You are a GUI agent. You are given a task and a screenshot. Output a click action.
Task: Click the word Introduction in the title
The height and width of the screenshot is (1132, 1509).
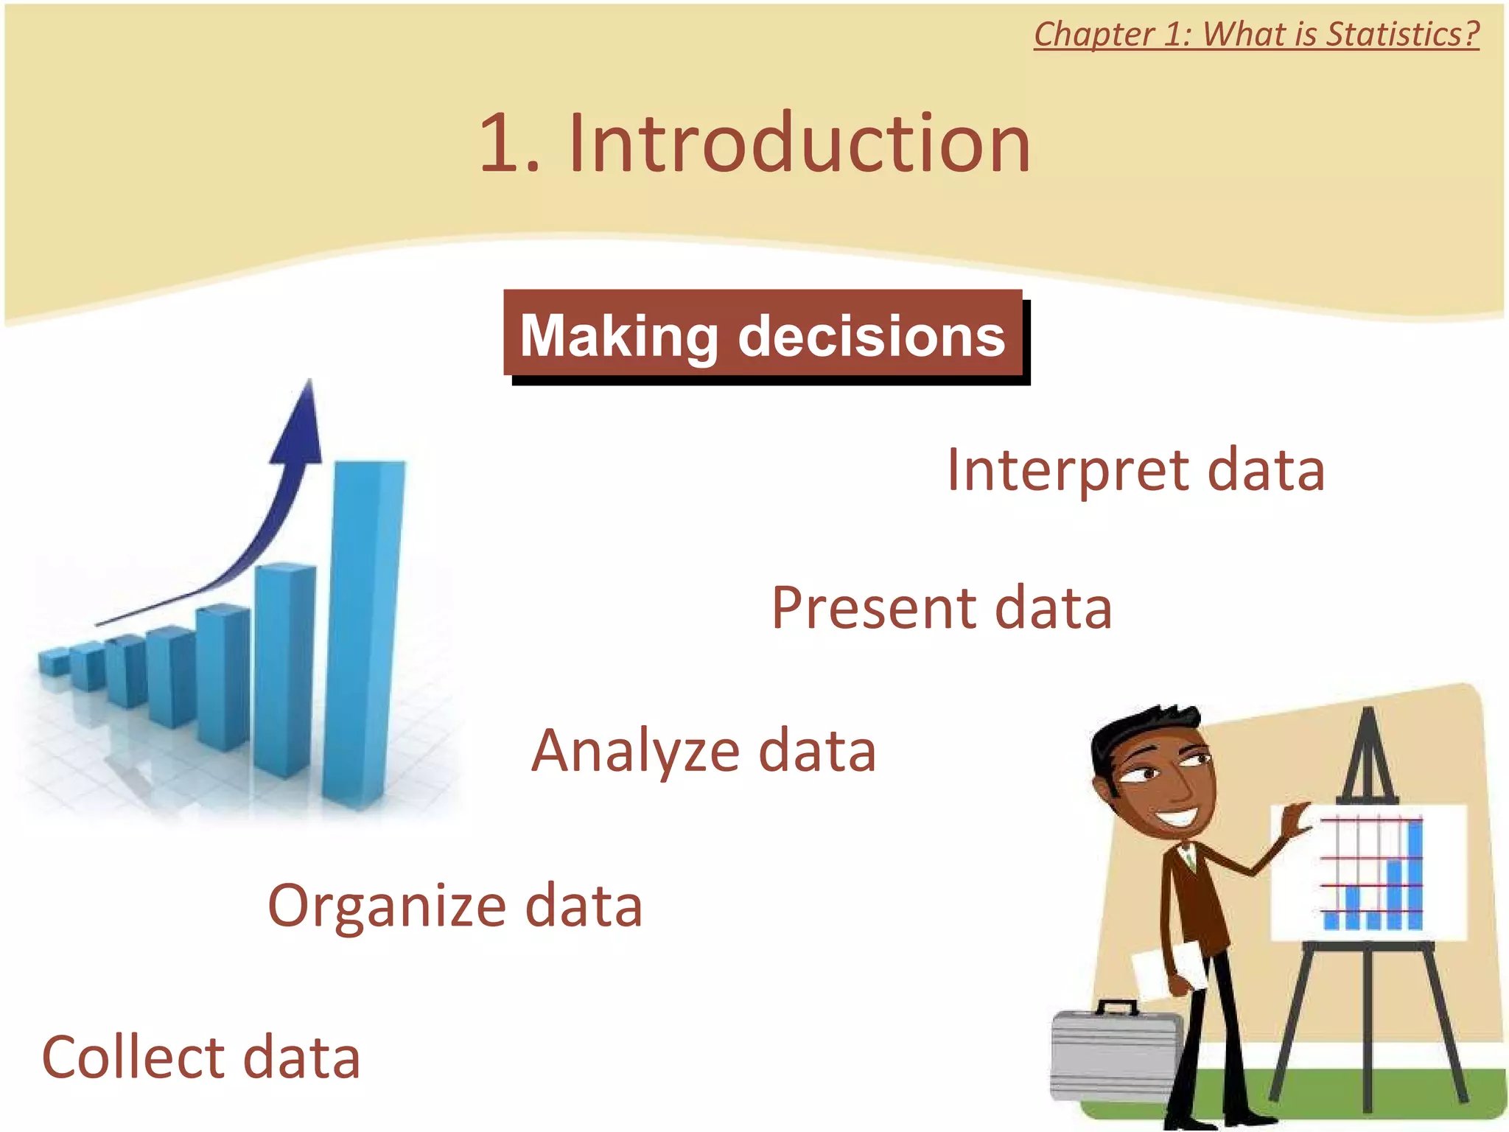tap(799, 144)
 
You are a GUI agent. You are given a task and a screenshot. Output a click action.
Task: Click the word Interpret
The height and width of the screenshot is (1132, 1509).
tap(1068, 471)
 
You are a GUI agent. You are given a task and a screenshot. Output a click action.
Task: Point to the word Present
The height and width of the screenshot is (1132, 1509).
tap(873, 609)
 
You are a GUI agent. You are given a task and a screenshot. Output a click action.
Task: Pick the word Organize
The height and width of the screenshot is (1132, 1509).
tap(387, 906)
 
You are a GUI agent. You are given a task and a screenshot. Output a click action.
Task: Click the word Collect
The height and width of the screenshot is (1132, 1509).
tap(133, 1058)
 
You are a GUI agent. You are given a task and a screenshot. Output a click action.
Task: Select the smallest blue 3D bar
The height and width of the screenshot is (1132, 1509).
tap(53, 661)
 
